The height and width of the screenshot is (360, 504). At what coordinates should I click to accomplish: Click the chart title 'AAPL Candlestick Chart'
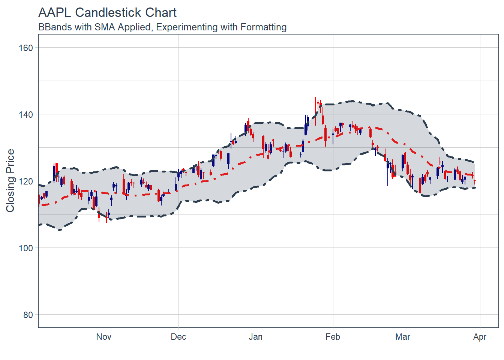[107, 13]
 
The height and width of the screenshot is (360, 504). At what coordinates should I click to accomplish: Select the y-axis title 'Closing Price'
[10, 181]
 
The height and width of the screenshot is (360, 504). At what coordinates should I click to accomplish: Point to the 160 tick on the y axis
[25, 48]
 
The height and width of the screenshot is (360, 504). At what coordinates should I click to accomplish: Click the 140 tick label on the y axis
[25, 115]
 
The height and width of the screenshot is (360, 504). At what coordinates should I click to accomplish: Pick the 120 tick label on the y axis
[25, 181]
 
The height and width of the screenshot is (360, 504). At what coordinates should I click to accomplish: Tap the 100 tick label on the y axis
[25, 248]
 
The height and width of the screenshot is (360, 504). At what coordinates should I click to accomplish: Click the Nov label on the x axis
[103, 337]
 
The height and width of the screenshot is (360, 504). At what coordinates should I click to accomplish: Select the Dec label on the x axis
[178, 337]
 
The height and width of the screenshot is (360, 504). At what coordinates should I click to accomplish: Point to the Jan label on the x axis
[255, 337]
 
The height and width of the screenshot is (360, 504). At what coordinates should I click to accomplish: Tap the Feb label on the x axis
[333, 337]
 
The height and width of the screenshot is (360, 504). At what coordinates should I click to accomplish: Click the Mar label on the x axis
[402, 337]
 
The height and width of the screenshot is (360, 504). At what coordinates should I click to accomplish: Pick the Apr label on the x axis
[480, 337]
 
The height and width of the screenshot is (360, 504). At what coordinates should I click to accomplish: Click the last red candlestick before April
[474, 182]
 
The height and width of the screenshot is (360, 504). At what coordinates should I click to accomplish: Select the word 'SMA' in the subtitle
[105, 27]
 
